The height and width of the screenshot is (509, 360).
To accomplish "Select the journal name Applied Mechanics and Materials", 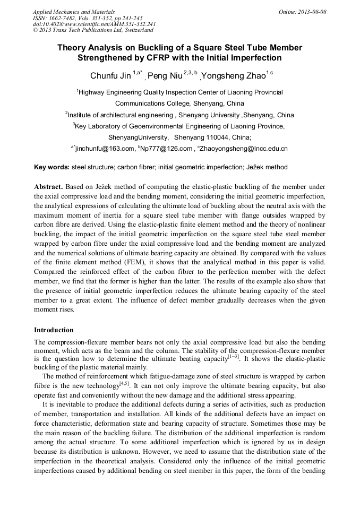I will [66, 12].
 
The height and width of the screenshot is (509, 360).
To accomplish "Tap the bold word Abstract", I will [49, 187].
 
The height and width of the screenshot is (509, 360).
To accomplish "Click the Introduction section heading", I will [54, 330].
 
